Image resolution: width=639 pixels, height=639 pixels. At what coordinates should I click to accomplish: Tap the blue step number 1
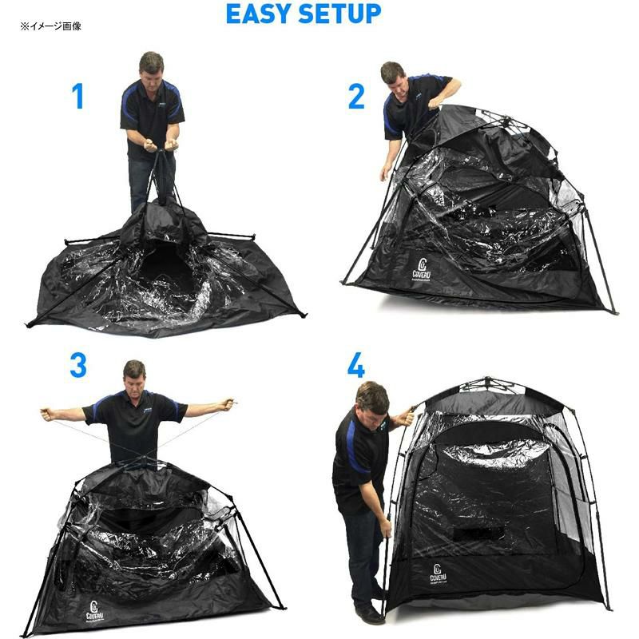coord(77,97)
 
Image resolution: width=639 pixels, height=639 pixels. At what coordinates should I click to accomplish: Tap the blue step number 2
coord(356,97)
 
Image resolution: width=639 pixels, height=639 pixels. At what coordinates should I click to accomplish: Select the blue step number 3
coord(77,365)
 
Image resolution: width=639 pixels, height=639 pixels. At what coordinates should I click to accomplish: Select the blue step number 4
coord(356,365)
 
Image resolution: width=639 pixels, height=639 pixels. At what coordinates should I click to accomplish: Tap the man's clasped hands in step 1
coord(157,146)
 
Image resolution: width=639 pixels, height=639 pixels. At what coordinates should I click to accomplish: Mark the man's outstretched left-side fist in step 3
coord(46,414)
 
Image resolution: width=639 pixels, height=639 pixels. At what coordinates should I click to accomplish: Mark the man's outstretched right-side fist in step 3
coord(230,404)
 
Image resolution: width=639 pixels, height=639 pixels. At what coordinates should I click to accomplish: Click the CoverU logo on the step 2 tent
coord(423,265)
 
